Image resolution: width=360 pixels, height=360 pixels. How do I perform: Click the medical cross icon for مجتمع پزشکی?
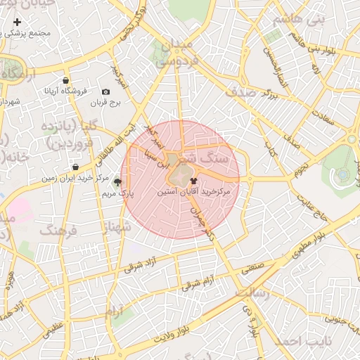(17, 22)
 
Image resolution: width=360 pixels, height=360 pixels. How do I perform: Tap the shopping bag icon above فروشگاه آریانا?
(65, 80)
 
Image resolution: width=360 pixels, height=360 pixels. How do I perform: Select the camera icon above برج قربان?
(105, 92)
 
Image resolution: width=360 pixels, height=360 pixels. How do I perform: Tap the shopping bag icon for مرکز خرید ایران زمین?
(75, 167)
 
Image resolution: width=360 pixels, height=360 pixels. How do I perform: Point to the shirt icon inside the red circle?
(194, 180)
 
